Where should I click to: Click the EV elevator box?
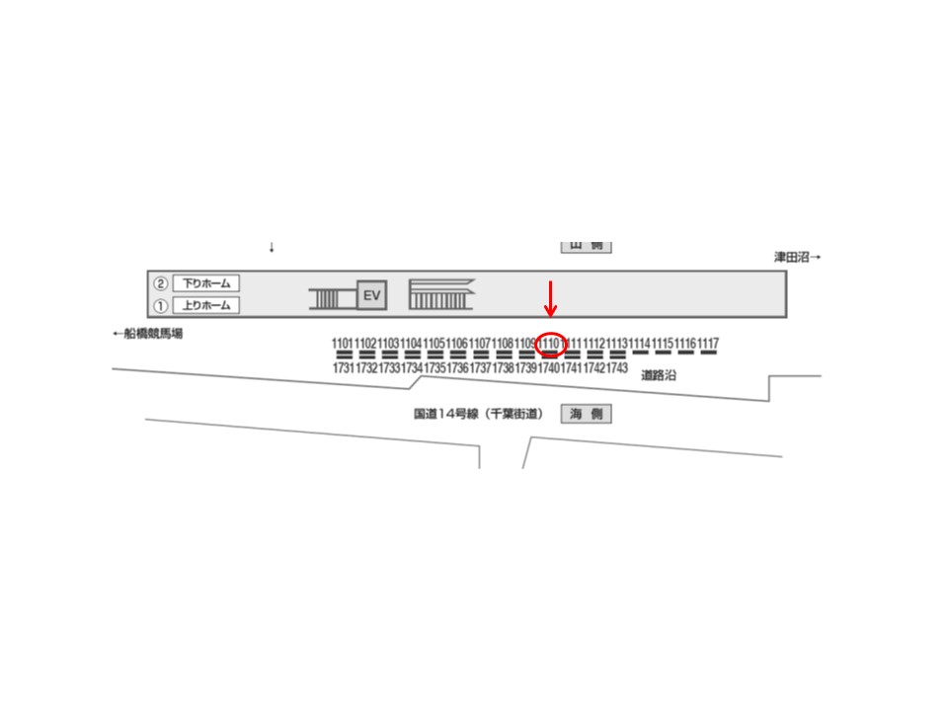[x=372, y=295]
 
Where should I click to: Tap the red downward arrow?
[x=552, y=298]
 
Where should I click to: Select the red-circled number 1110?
[x=551, y=344]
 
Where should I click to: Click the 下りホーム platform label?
[x=206, y=283]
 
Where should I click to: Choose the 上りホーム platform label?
[x=206, y=305]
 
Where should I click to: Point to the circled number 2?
[x=160, y=283]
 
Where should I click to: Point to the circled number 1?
[x=160, y=305]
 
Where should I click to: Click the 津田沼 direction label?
[x=797, y=257]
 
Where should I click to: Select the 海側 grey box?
[x=587, y=415]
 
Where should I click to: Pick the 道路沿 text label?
[x=659, y=375]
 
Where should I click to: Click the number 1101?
[x=343, y=344]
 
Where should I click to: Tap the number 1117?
[x=708, y=344]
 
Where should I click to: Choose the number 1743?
[x=617, y=368]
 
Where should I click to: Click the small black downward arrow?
[x=272, y=247]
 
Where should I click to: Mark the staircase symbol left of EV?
[x=331, y=296]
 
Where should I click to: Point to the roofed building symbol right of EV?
[x=441, y=294]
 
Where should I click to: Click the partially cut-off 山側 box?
[x=587, y=246]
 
